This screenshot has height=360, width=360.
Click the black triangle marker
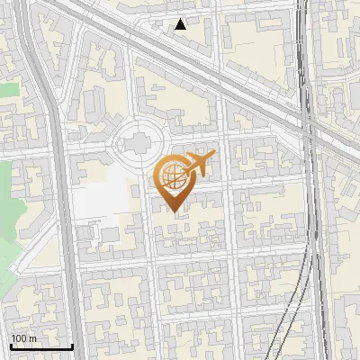tap(181, 24)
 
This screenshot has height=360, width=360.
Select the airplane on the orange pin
tap(198, 164)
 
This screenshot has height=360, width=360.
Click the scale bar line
tap(40, 346)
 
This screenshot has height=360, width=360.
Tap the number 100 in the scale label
tap(19, 338)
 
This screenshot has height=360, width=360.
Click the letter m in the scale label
tap(32, 338)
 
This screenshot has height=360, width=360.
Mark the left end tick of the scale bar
tap(10, 345)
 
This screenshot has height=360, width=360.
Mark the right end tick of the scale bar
tap(72, 345)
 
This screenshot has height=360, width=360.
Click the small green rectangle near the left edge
tap(8, 89)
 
